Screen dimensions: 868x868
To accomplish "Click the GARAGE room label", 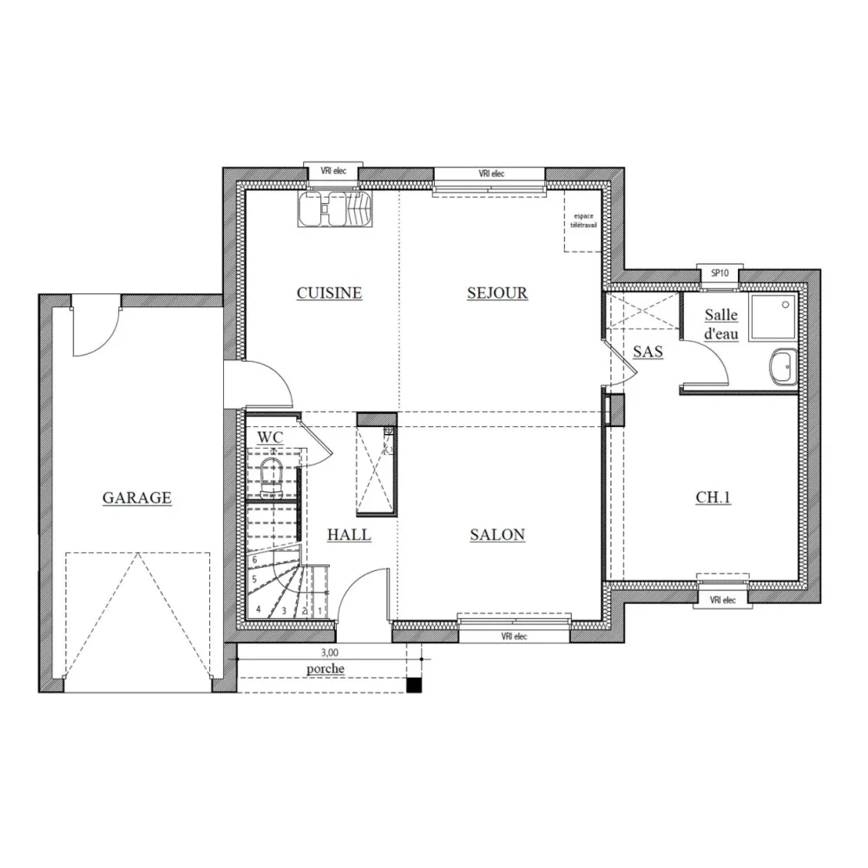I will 137,498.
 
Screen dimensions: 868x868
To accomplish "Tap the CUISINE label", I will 329,293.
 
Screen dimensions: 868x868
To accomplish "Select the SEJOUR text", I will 497,293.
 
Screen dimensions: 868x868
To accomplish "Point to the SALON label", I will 497,535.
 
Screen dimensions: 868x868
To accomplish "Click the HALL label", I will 349,536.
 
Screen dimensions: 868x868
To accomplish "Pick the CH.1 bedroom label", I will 713,498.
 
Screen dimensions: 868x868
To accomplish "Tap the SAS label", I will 648,352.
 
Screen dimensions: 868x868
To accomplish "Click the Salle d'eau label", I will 721,324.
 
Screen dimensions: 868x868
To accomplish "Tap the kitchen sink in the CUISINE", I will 334,209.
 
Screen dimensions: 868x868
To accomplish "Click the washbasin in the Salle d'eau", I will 783,367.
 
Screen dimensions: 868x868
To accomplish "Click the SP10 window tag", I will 720,273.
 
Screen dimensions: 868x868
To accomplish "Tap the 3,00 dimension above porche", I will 330,653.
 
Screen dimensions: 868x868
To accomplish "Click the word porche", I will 325,669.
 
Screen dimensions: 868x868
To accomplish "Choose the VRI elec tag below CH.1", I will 722,600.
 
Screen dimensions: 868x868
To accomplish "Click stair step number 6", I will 254,560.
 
